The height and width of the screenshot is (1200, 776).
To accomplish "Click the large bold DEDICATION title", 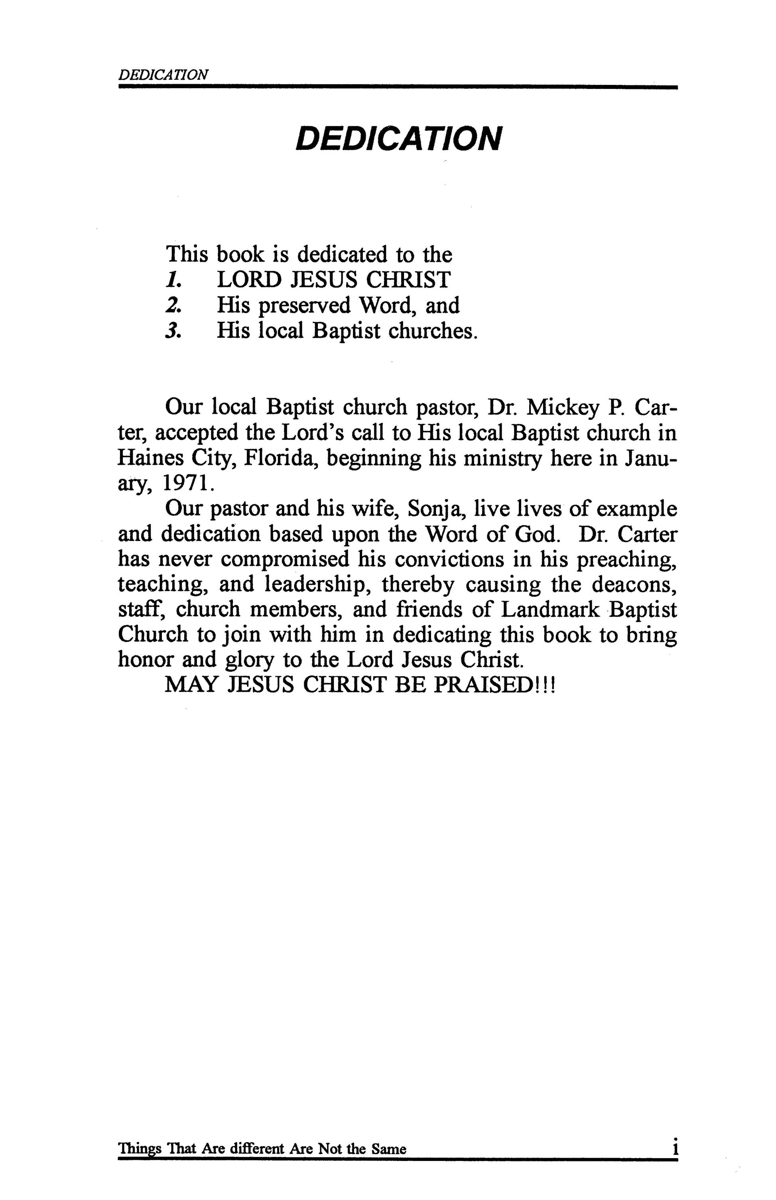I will (x=398, y=139).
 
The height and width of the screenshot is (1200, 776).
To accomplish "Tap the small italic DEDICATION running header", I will (x=162, y=75).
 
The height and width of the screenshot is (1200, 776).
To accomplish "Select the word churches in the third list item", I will (x=431, y=331).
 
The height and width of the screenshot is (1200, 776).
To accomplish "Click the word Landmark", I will (x=550, y=610).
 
